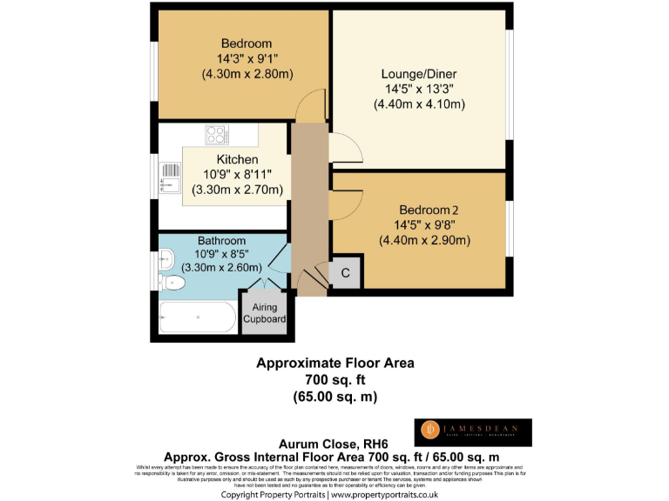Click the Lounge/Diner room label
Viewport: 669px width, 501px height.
[419, 73]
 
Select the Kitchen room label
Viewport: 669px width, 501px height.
[237, 160]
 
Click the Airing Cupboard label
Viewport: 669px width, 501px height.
[265, 313]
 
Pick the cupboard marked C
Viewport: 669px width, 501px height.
[345, 274]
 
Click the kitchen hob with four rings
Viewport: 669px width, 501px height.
[216, 135]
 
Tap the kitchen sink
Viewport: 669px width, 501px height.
[165, 184]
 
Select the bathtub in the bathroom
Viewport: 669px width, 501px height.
[197, 317]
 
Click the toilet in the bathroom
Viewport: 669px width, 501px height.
[172, 282]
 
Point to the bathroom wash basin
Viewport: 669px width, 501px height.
[165, 256]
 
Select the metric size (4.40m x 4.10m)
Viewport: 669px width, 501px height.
[419, 104]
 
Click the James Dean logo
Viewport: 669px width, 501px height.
[471, 431]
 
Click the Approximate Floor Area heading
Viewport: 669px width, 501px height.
[334, 363]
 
